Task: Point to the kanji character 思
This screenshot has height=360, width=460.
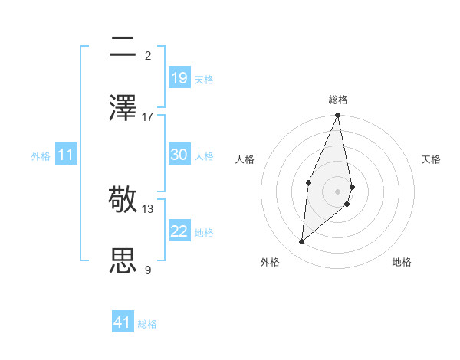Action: click(123, 260)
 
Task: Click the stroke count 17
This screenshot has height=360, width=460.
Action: click(148, 116)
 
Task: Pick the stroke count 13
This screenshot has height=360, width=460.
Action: click(148, 208)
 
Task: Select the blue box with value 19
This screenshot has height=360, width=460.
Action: click(179, 78)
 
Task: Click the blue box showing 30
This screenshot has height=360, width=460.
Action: click(179, 155)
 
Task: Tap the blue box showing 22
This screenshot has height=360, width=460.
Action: click(179, 231)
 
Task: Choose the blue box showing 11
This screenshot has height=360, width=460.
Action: click(66, 155)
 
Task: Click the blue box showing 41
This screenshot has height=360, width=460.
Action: click(123, 322)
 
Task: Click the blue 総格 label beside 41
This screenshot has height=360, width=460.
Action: click(147, 324)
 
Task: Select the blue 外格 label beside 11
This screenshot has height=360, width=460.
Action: click(41, 155)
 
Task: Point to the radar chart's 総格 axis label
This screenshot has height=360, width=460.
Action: click(338, 100)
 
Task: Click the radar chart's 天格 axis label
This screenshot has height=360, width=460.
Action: click(432, 159)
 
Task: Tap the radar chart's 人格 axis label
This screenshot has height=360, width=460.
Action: click(245, 159)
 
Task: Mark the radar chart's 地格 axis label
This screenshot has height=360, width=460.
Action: click(402, 263)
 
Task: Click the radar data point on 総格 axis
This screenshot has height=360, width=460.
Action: click(338, 116)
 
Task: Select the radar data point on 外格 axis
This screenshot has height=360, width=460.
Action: click(302, 241)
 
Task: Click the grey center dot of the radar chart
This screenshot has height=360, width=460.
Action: click(338, 191)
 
